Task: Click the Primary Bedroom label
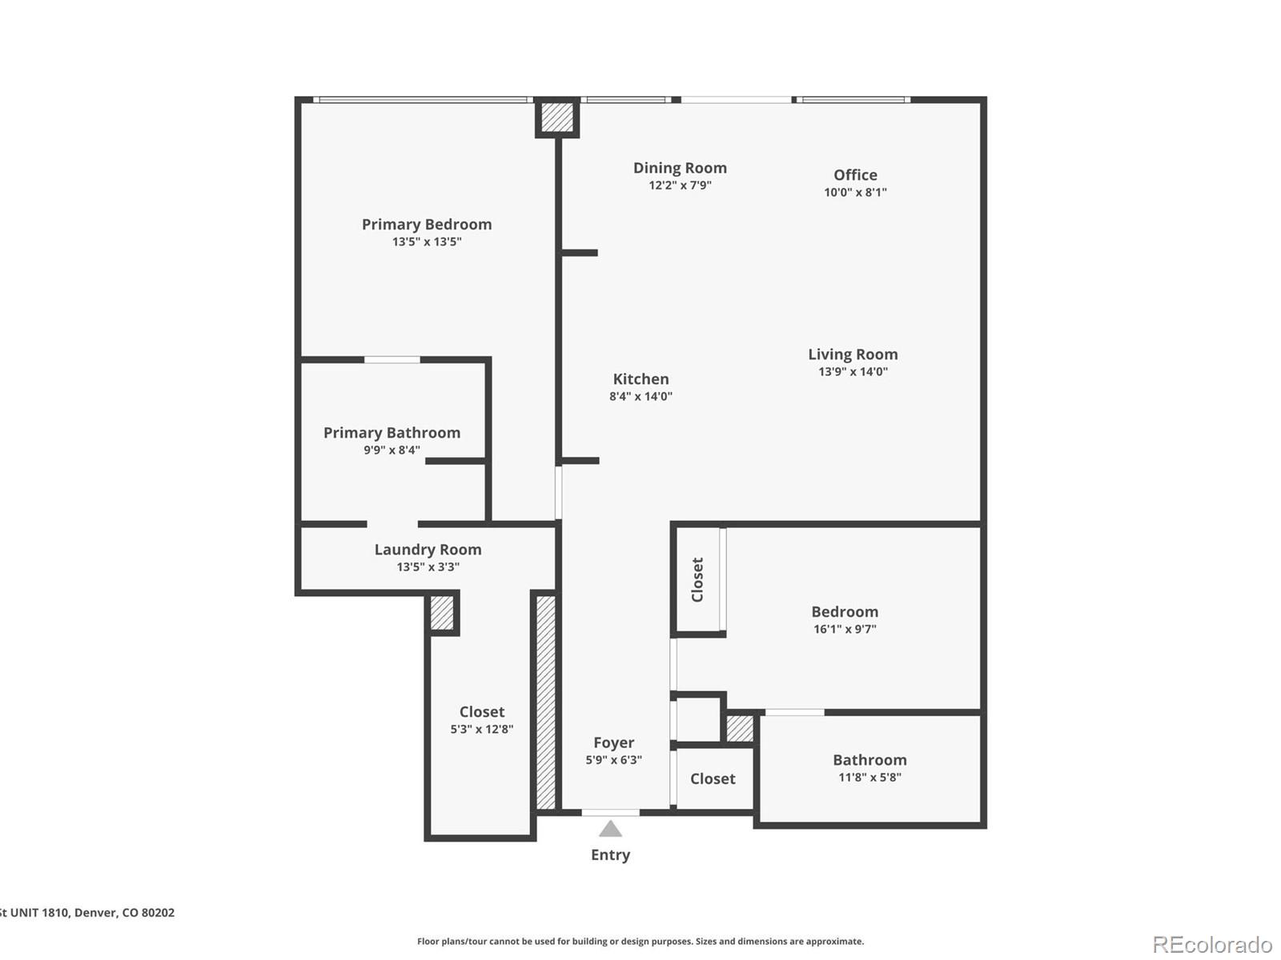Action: coord(427,225)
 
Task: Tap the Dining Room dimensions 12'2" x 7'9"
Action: coord(680,186)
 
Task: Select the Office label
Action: coord(855,175)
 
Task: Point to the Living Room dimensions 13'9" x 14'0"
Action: coord(853,371)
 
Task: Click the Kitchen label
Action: coord(640,379)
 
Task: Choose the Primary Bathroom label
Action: coord(392,433)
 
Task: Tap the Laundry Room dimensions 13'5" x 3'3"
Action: coord(428,567)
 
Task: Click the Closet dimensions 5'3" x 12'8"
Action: coord(481,730)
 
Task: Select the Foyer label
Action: coord(613,743)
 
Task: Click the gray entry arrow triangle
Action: coord(610,830)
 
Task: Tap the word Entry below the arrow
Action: coord(610,855)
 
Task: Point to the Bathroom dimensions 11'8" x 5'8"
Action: coord(869,778)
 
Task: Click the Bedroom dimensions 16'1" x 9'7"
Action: coord(845,630)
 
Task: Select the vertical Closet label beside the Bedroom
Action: coord(697,580)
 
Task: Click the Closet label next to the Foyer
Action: coord(713,779)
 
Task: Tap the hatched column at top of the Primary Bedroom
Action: coord(557,118)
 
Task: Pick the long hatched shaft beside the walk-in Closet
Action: coord(545,702)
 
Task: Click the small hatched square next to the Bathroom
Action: coord(739,729)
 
